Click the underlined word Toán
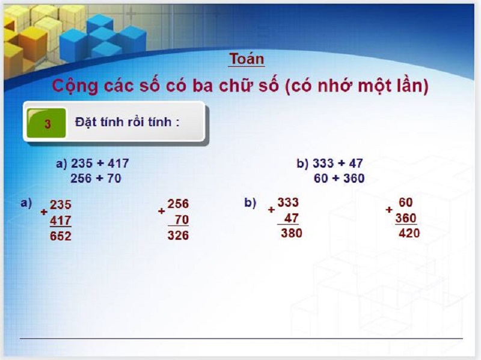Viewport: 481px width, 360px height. (x=247, y=59)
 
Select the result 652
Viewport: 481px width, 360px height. (x=60, y=236)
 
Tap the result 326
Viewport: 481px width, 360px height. (x=178, y=236)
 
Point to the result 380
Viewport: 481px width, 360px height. (x=292, y=233)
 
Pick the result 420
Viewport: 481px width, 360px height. (x=409, y=233)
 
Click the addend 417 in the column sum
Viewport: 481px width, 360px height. (x=60, y=221)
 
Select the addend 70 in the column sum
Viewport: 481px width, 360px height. (x=182, y=220)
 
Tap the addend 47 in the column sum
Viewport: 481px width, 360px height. (x=292, y=218)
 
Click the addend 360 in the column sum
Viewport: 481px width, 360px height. (x=406, y=218)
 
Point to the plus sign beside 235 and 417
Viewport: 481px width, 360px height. (x=44, y=212)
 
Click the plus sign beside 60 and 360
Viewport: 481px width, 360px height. (x=389, y=210)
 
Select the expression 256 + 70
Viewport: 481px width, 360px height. (x=96, y=178)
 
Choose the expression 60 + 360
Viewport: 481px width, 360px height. (x=339, y=178)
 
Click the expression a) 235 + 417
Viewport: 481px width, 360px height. (x=93, y=163)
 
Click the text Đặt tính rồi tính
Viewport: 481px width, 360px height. (x=127, y=122)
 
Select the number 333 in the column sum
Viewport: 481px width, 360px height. (x=288, y=203)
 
